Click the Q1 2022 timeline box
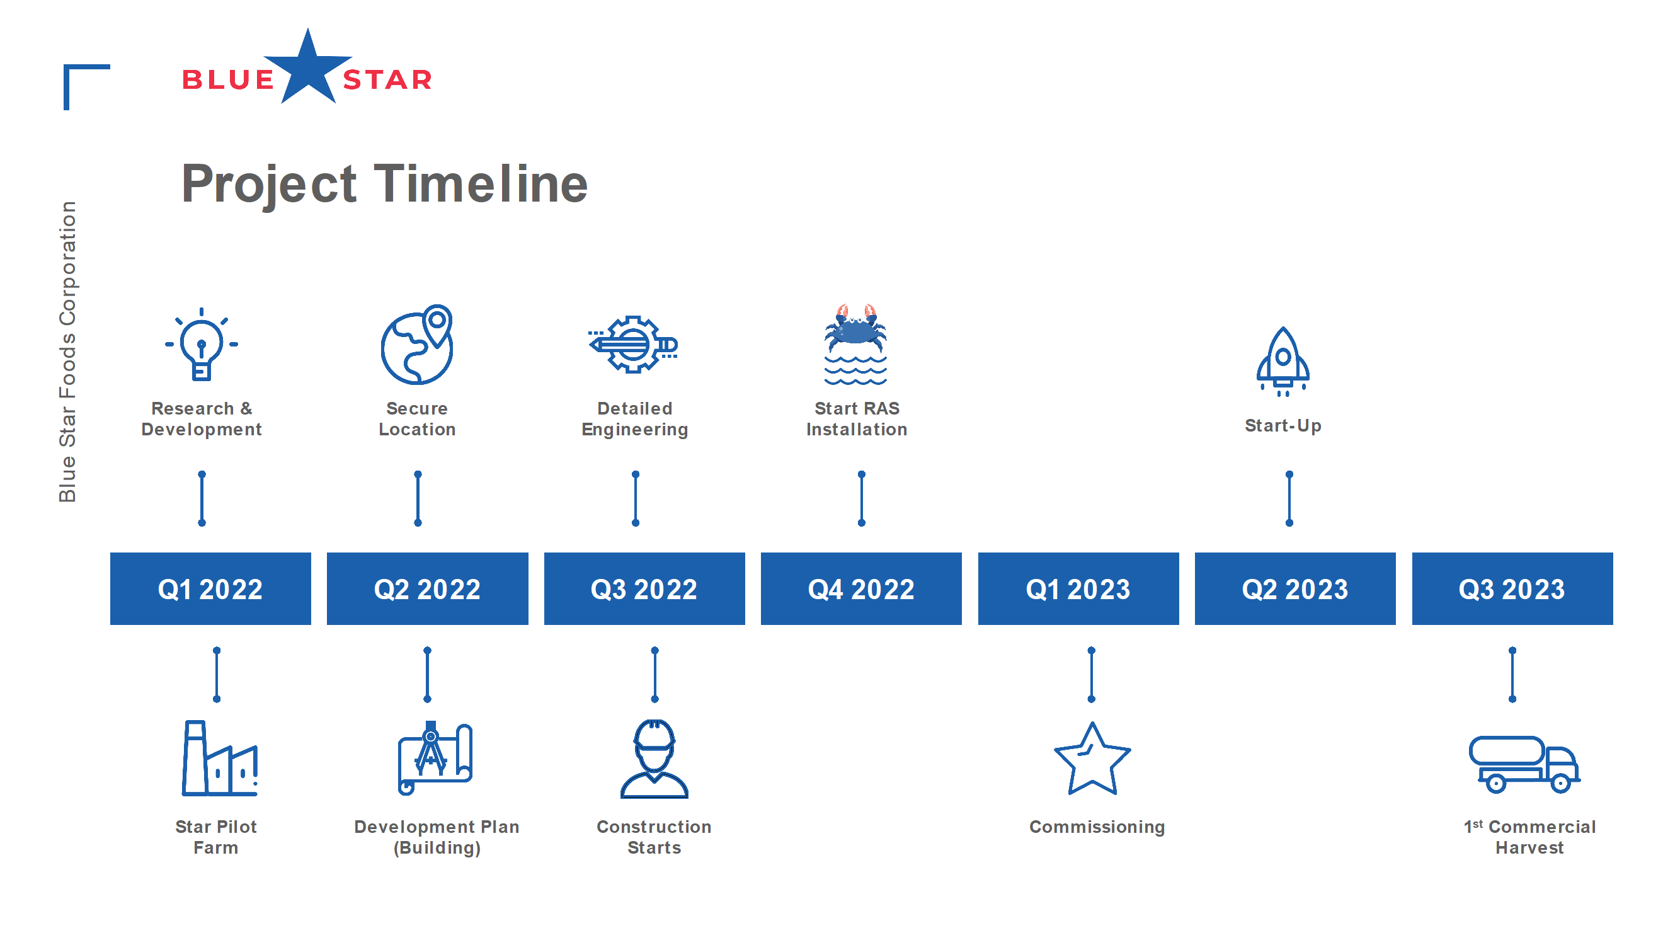210,588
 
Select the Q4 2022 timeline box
861,588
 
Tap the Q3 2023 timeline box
1512,588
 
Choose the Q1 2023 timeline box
1078,588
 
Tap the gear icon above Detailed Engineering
632,344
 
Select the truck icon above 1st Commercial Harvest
1524,764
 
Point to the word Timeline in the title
480,184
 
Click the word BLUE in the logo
227,79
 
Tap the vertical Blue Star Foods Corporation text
68,352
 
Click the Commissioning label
1097,827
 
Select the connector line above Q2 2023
1289,498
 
